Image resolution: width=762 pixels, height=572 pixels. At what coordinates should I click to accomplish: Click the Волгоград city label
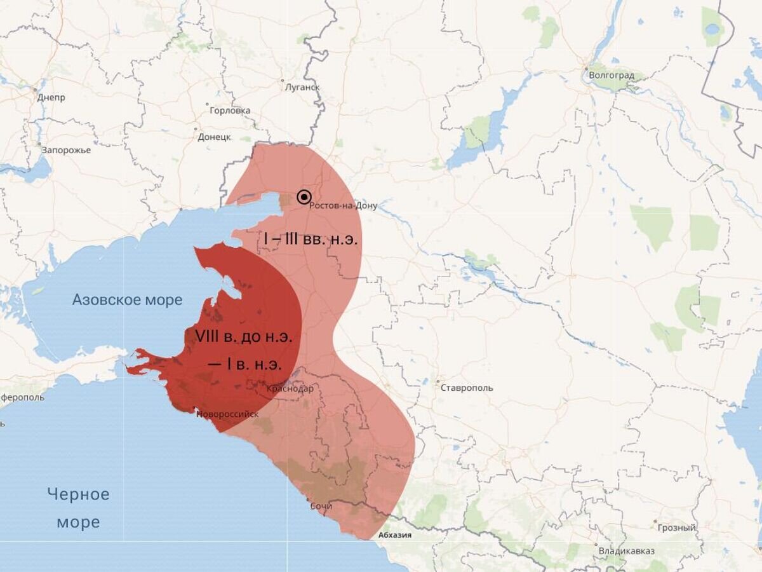pos(612,76)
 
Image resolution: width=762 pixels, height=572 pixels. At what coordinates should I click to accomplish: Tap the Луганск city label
pos(303,87)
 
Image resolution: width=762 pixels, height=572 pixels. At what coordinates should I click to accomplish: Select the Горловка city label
pos(230,111)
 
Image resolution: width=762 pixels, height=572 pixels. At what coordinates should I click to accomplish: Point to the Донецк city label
pos(214,137)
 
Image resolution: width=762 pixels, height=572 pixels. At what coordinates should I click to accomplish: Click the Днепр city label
pos(51,98)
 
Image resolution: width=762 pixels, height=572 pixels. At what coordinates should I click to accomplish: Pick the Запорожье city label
pos(66,150)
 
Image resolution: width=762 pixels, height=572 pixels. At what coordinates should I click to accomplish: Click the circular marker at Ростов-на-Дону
pos(304,197)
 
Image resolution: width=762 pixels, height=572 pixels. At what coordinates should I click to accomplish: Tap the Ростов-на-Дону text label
pos(343,206)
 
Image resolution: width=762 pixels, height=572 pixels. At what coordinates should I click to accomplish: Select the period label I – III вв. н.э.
pos(311,240)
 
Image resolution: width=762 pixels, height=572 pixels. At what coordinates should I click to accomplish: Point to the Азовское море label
pos(127,299)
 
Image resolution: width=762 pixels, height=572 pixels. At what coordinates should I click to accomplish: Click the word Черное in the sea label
pos(79,494)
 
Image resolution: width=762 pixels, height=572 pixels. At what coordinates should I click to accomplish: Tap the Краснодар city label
pos(290,388)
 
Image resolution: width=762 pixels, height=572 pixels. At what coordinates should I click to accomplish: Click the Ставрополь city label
pos(466,388)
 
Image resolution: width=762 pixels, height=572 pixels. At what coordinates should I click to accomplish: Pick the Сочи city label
pos(321,506)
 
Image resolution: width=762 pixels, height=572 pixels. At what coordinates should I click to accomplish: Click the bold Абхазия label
pos(394,535)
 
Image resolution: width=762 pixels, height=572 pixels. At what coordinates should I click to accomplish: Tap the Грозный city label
pos(677,528)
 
